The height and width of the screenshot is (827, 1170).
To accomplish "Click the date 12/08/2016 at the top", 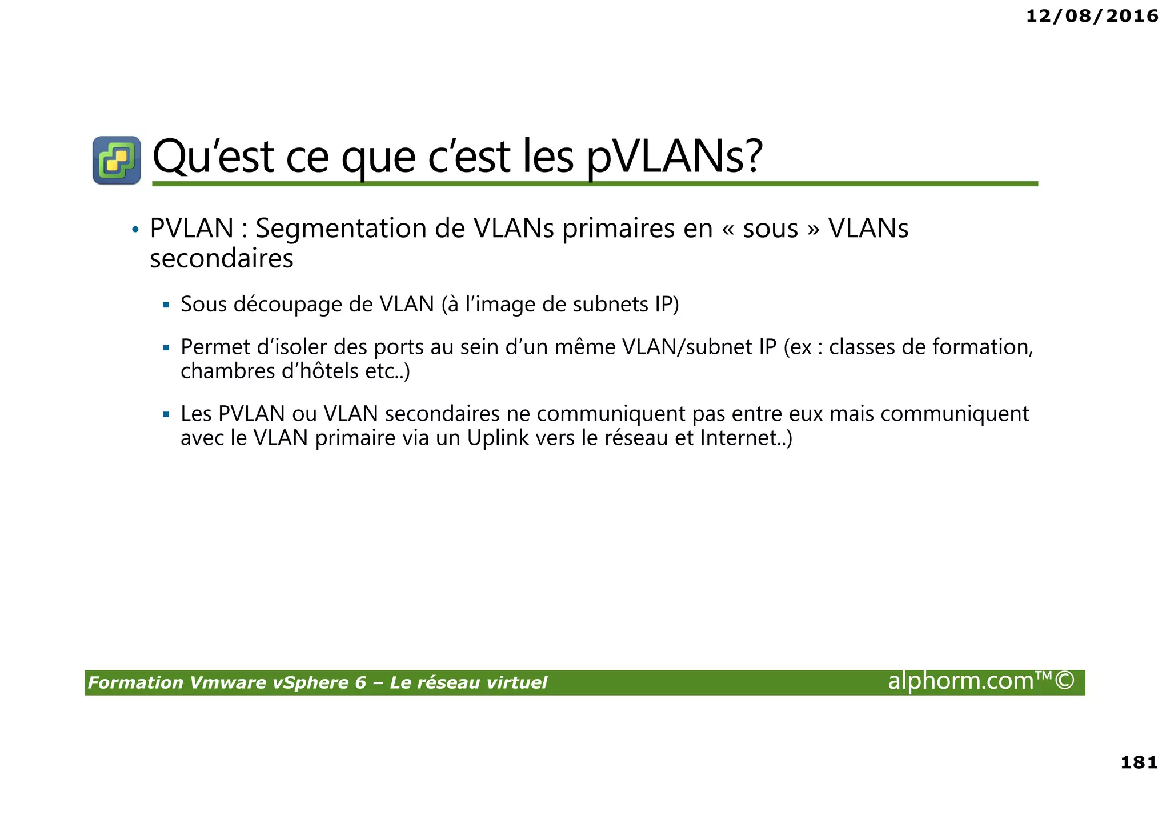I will [1092, 16].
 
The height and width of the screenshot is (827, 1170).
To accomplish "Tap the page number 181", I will [1139, 762].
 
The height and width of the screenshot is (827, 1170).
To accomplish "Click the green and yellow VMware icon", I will [117, 160].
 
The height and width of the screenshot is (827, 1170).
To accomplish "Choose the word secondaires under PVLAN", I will [221, 258].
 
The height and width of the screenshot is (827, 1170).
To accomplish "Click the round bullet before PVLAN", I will [135, 230].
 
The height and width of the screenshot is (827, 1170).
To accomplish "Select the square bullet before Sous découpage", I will [166, 305].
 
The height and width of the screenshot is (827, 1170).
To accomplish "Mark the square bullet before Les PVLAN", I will [166, 414].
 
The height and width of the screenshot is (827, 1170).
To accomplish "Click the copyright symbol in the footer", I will [1064, 681].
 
